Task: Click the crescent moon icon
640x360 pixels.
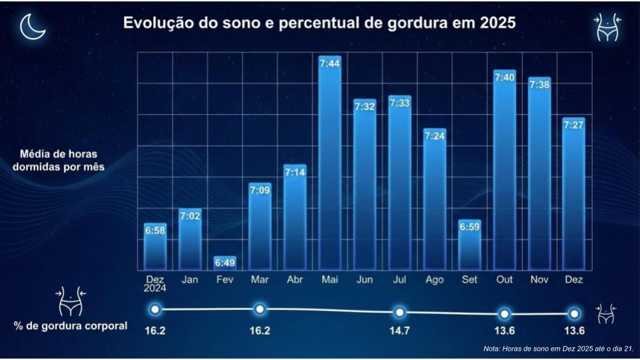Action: click(31, 27)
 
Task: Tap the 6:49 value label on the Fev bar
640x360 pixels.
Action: click(225, 263)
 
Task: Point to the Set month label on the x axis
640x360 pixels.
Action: click(469, 280)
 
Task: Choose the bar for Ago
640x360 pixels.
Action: click(434, 200)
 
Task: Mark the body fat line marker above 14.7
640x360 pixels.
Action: click(399, 312)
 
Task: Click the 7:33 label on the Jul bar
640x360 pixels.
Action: click(399, 103)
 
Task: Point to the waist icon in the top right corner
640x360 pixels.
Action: click(607, 28)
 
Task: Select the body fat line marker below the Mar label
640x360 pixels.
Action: click(260, 309)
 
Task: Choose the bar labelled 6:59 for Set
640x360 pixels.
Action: click(469, 247)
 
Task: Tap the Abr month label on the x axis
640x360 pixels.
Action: click(295, 280)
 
